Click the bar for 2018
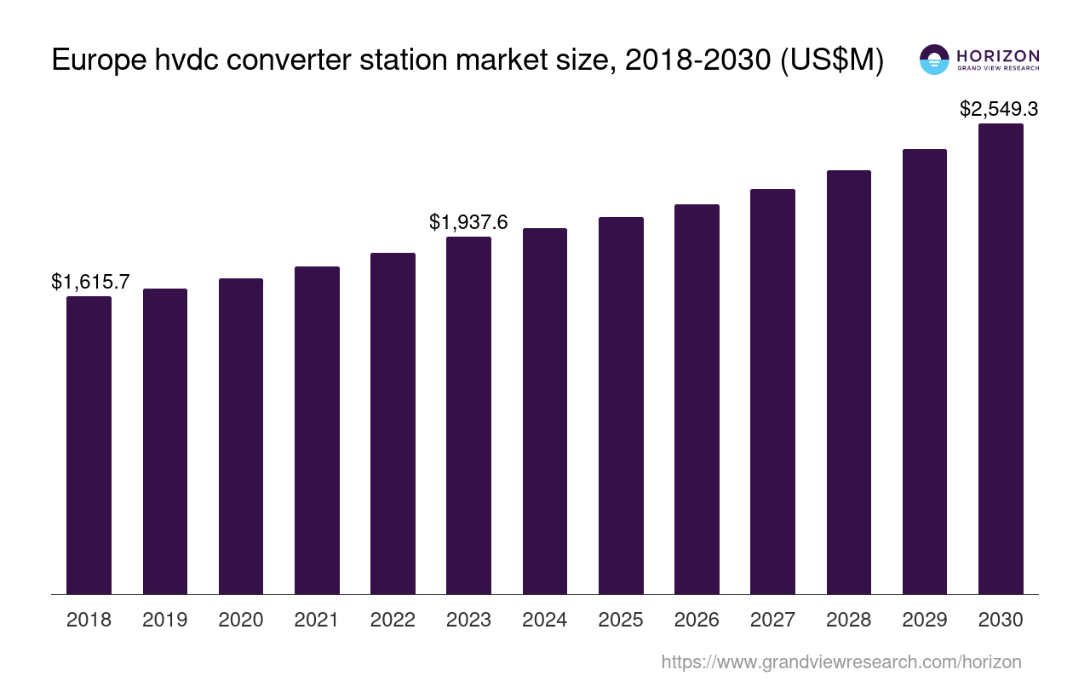[89, 444]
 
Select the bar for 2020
[241, 436]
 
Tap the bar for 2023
[468, 415]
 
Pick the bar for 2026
[697, 398]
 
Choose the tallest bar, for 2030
[1001, 358]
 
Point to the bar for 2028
[848, 381]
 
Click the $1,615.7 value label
[90, 282]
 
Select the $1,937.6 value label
[468, 222]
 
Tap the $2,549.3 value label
[999, 109]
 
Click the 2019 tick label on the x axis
[164, 620]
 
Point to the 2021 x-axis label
[317, 620]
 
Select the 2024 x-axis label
[545, 620]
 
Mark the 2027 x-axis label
[772, 620]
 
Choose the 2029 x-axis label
[925, 620]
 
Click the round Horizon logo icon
[934, 60]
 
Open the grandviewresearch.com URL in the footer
[840, 661]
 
